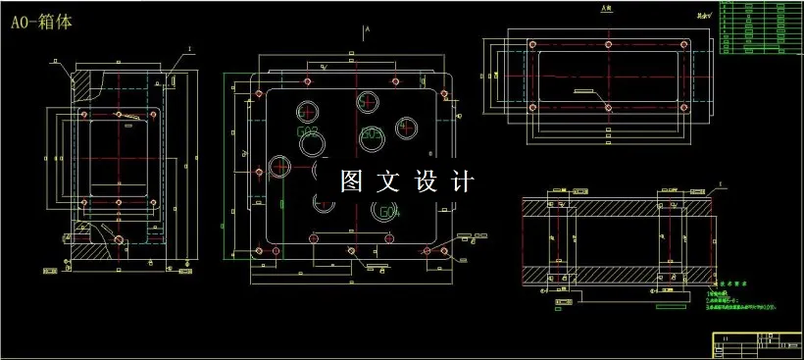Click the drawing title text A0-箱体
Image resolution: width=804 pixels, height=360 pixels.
pos(44,21)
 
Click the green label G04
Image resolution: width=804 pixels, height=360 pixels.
pos(388,211)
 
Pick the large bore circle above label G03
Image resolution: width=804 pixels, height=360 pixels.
pos(368,100)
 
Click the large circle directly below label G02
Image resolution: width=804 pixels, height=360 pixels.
pos(314,145)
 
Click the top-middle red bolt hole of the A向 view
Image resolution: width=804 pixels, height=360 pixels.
pos(608,45)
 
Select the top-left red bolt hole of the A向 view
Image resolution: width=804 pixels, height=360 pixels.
pos(531,45)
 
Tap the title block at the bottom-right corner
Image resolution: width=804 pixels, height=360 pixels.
pos(757,344)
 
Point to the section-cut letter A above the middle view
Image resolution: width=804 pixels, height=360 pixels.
pos(366,31)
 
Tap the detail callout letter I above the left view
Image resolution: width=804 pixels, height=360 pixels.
pos(189,47)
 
